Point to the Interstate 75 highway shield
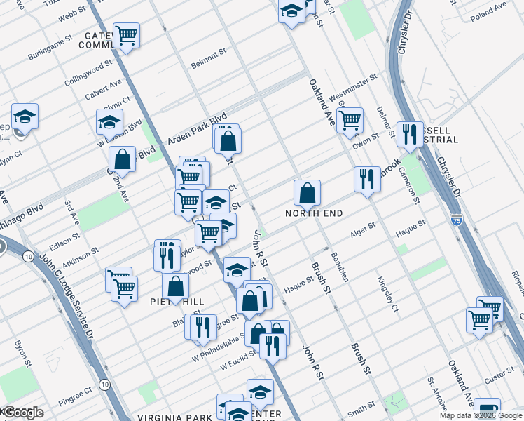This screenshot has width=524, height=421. [x=456, y=219]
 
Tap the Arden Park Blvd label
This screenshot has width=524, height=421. [x=198, y=131]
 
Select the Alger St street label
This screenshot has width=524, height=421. [x=363, y=229]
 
